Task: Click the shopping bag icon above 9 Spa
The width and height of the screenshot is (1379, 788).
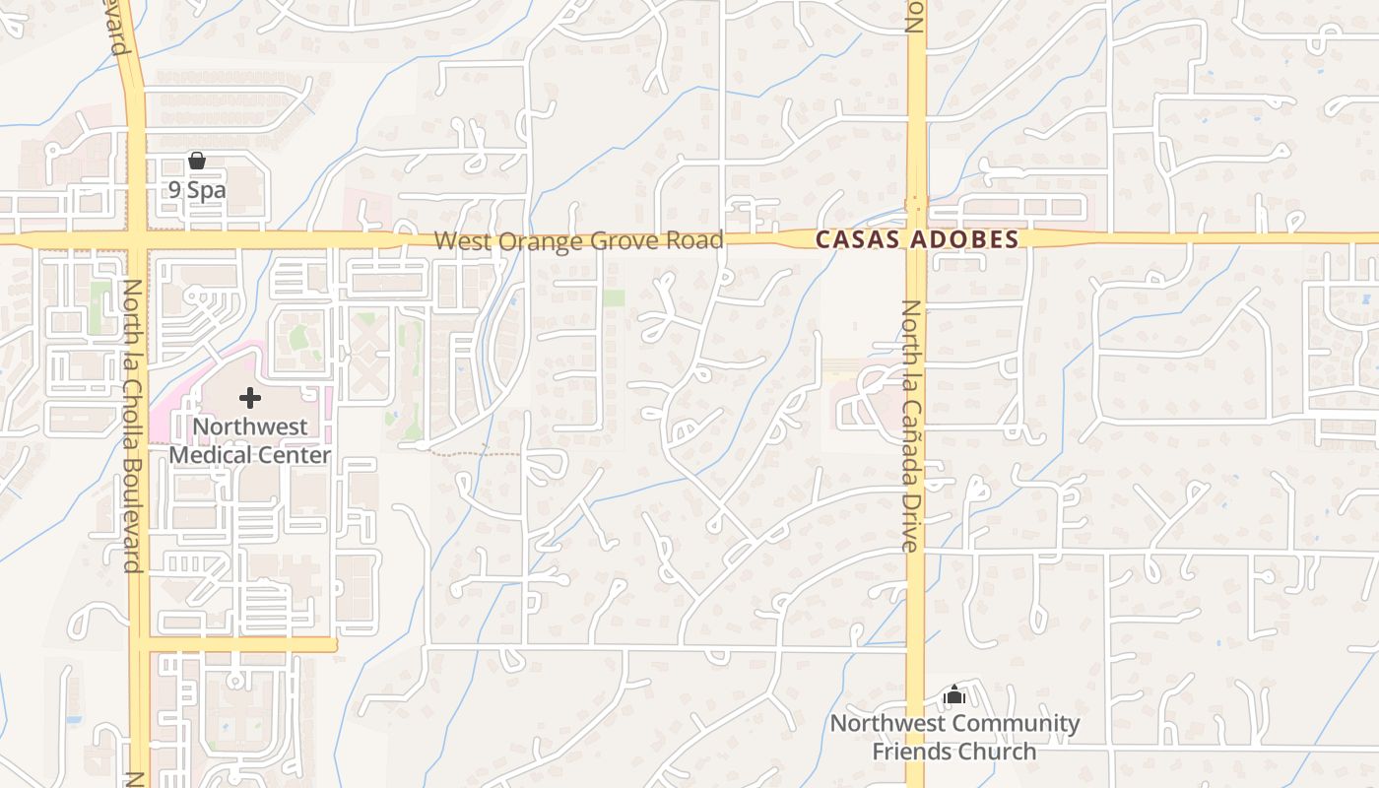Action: point(197,161)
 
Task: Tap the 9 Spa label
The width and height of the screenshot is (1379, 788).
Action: point(197,190)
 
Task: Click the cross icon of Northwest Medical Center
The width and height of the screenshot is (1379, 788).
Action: point(250,398)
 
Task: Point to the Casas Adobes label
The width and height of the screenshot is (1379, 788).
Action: point(917,239)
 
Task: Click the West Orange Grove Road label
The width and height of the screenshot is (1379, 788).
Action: point(578,240)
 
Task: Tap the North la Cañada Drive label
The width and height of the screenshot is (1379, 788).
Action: point(910,426)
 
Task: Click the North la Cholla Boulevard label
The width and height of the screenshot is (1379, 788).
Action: point(131,426)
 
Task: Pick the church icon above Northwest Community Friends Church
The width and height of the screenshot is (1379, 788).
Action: point(953,695)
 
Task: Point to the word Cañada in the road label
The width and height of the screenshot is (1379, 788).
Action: point(910,437)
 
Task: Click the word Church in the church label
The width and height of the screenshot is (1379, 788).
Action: point(1004,752)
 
